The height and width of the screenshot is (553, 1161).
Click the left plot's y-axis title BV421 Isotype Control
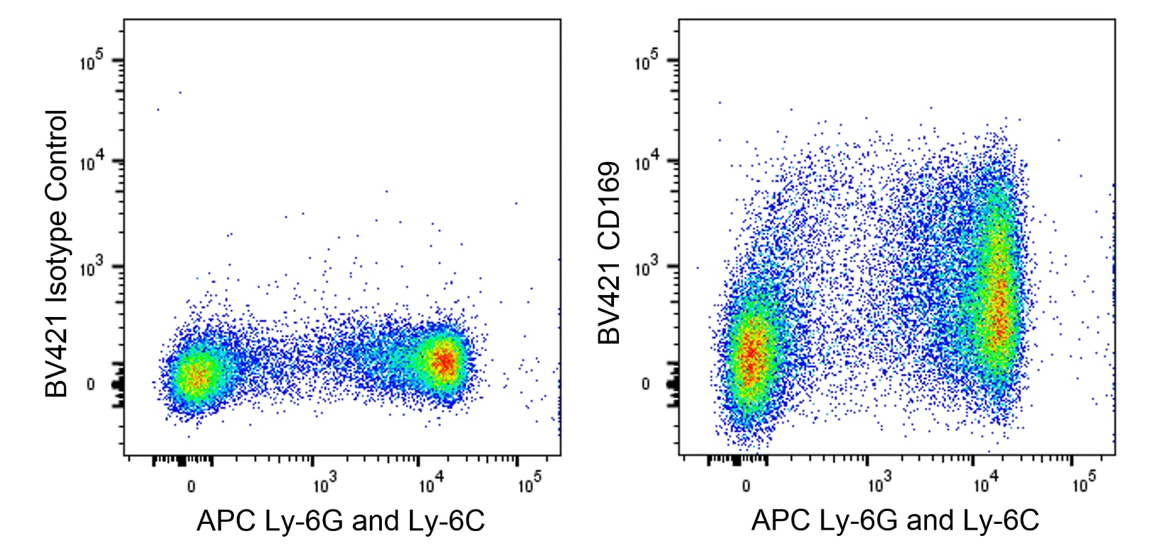(56, 253)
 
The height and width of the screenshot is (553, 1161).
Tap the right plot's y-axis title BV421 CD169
(610, 253)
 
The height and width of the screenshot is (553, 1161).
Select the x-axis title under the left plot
(341, 521)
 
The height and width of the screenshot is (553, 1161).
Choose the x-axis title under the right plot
(895, 521)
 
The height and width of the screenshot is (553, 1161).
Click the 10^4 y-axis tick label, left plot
(91, 163)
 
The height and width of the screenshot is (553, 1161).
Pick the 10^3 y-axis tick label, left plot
(91, 268)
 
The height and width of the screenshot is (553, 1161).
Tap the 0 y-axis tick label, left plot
(90, 385)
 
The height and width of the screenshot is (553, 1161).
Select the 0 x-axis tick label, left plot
(191, 487)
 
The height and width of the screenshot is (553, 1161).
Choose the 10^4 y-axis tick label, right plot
(646, 163)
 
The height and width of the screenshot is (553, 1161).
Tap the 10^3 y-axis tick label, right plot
(646, 268)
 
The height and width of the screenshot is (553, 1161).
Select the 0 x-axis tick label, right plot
(746, 487)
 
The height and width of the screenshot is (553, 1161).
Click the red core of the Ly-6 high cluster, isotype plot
(444, 362)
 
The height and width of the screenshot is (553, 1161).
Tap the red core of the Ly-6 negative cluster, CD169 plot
(751, 355)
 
